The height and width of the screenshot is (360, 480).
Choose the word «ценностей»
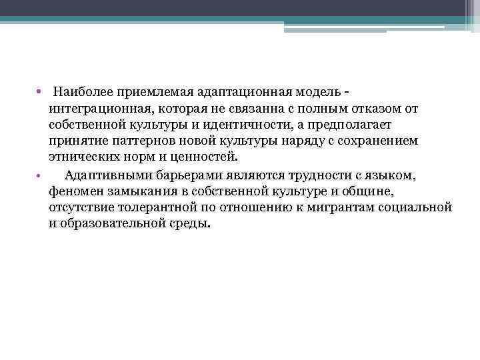(x=205, y=158)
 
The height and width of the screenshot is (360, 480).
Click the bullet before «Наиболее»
(x=40, y=91)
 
